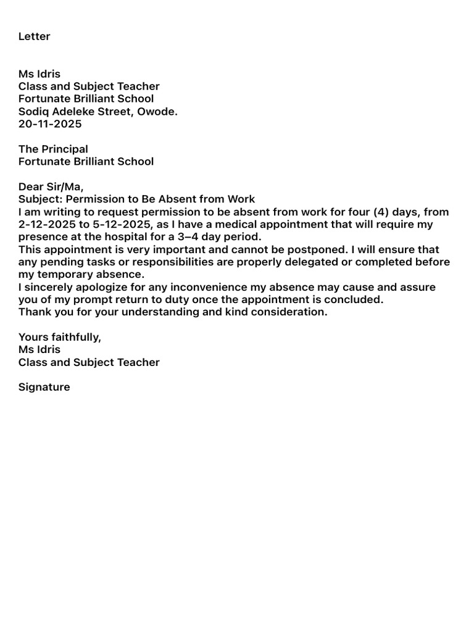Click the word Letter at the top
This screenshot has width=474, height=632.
35,36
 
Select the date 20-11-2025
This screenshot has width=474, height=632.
50,124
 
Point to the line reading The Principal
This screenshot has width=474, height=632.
53,149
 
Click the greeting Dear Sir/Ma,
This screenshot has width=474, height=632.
51,187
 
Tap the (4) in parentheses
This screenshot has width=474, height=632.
381,212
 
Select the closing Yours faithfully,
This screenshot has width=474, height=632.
60,338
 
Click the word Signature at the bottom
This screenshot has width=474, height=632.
44,388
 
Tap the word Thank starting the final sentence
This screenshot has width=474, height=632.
34,312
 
